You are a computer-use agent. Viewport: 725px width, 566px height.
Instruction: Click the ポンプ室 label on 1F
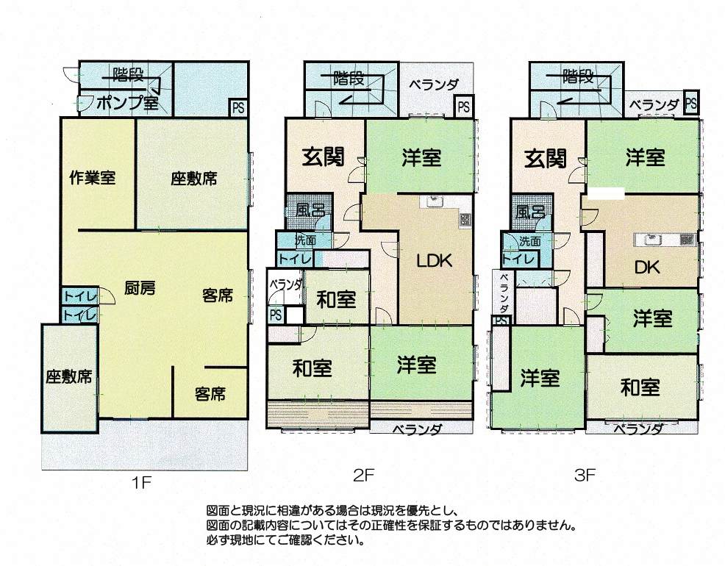tap(128, 103)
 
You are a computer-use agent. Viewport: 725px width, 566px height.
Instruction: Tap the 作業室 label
tap(93, 177)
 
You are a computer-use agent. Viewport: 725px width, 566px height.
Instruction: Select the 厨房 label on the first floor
tap(140, 288)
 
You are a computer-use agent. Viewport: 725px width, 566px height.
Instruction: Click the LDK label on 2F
tap(434, 261)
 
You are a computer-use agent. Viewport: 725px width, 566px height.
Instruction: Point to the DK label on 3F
tap(647, 267)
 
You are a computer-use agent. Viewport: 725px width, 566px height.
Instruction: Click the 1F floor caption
tap(141, 483)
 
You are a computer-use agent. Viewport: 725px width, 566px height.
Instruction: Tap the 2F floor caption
tap(363, 475)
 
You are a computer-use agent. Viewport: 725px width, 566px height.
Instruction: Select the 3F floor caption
tap(585, 475)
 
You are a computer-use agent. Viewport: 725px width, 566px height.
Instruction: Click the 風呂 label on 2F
tap(310, 211)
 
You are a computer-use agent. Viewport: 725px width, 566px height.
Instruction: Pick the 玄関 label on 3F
tap(546, 159)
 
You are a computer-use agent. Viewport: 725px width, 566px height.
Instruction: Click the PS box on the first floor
tap(238, 107)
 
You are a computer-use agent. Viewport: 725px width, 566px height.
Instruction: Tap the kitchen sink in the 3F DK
tap(652, 240)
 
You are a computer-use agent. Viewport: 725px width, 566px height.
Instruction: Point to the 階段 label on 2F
tap(349, 78)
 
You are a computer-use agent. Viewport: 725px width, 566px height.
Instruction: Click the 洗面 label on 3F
tap(529, 241)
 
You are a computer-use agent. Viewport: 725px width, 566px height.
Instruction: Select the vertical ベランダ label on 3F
tap(504, 293)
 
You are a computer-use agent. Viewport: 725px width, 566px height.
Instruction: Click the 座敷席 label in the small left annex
tap(69, 376)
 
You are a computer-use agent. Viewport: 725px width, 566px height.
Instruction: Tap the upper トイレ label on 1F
tap(79, 296)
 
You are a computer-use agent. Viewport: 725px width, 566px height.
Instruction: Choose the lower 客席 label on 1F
tap(210, 394)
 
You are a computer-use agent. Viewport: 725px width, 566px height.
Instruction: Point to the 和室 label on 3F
tap(640, 387)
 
